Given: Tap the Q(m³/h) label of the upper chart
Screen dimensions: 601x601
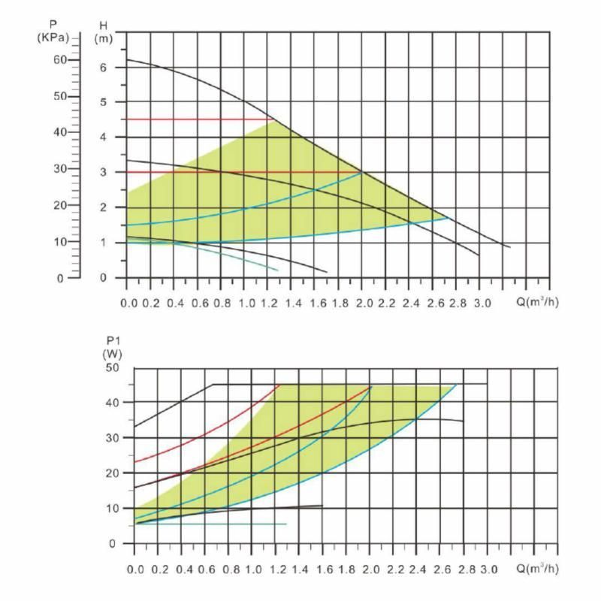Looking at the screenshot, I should (538, 302).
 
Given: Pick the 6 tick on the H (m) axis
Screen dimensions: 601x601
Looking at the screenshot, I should (103, 68).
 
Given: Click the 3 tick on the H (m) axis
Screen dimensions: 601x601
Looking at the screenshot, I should (103, 172).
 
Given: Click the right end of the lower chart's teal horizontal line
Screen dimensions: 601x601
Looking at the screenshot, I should (286, 524).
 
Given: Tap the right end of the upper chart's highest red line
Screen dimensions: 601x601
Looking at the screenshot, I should (273, 119).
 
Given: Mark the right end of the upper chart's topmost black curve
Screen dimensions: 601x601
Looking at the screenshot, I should (510, 247).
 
